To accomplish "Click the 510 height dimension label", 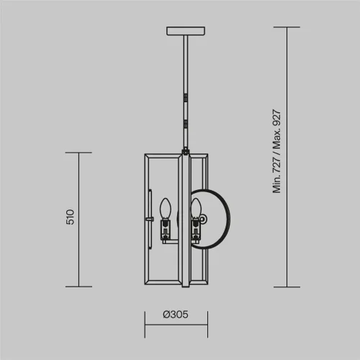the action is (x=71, y=217).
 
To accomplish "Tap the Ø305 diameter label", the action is (x=176, y=315).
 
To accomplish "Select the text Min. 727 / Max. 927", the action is (x=276, y=151).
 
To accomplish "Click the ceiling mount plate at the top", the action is (x=186, y=31).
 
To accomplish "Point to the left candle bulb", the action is (x=166, y=209).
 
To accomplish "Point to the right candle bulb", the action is (x=196, y=209).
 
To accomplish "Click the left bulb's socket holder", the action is (x=166, y=230).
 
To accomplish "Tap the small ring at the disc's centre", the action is (x=203, y=219).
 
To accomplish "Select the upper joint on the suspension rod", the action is (x=186, y=97).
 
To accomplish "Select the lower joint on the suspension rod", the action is (x=186, y=125).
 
